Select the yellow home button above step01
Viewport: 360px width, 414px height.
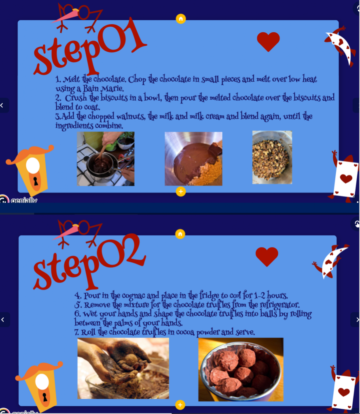tap(181, 19)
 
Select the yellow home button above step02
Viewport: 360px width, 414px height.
tap(180, 234)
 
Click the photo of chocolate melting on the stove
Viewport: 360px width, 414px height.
tap(106, 158)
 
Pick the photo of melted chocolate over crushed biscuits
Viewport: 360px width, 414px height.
tap(194, 158)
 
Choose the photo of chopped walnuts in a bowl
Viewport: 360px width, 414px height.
tap(272, 157)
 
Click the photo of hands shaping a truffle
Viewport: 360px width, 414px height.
tap(123, 368)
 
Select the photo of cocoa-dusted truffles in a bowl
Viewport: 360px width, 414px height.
tap(241, 370)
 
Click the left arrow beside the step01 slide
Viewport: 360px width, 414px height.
tap(3, 106)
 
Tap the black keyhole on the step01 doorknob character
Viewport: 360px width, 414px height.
tap(35, 181)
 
